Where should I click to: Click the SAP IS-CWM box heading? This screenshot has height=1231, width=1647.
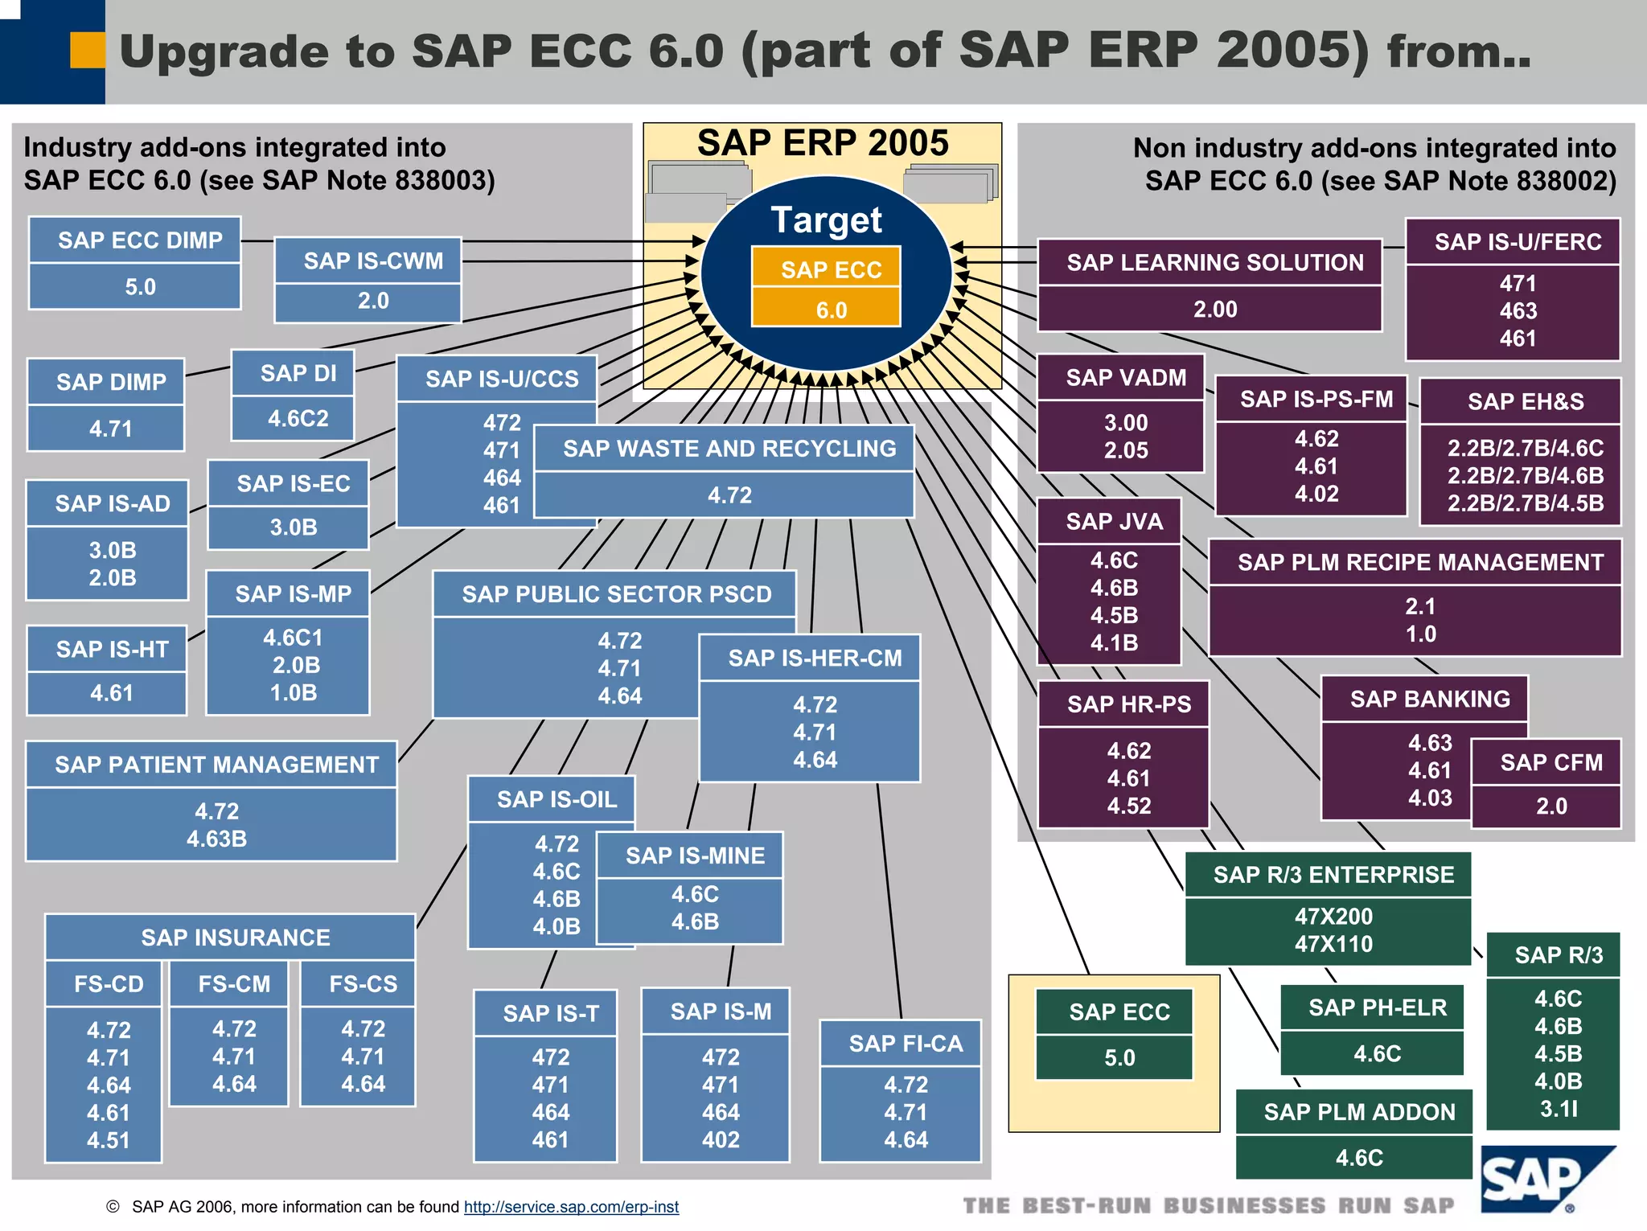(372, 261)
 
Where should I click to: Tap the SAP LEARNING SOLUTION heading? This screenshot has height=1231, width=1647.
(1214, 262)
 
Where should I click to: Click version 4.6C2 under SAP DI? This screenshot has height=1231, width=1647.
(298, 418)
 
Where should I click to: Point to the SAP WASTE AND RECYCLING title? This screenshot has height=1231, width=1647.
(729, 448)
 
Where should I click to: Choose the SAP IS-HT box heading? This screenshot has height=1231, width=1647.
(112, 649)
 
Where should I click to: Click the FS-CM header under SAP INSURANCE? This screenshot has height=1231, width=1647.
(234, 983)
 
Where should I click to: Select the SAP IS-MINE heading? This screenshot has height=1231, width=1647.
(695, 856)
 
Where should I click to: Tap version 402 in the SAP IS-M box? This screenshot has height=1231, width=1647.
(720, 1139)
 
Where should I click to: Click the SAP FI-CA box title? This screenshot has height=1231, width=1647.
(906, 1043)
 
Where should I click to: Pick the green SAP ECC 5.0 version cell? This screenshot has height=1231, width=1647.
(1119, 1057)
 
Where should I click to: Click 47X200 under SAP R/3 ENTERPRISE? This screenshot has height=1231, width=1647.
(1333, 916)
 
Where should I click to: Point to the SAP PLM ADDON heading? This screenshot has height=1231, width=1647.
(1359, 1112)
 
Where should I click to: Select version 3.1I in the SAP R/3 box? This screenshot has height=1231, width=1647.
(1558, 1109)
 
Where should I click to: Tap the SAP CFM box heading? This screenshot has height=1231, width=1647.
(1550, 762)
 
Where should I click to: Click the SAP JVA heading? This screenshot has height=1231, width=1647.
(1114, 521)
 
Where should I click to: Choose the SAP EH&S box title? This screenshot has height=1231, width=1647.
(1525, 401)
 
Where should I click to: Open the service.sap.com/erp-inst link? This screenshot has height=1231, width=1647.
(571, 1207)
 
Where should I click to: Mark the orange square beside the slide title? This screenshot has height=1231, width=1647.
(88, 50)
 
